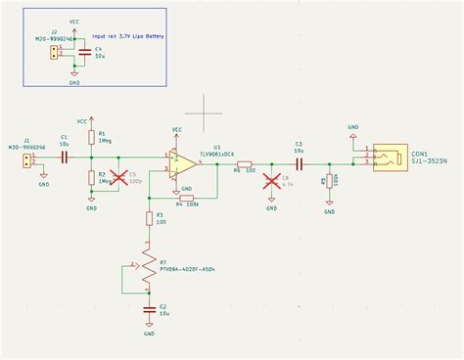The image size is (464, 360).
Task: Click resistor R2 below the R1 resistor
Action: pyautogui.click(x=91, y=177)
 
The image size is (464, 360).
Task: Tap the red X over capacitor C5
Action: pyautogui.click(x=121, y=178)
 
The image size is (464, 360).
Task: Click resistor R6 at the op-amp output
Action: pyautogui.click(x=244, y=163)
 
